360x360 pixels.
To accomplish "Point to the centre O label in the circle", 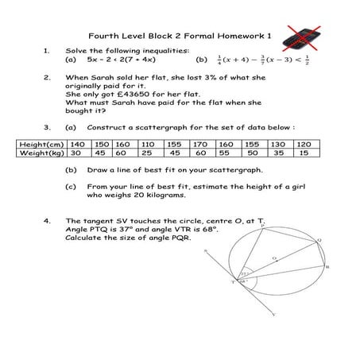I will coord(275,258).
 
